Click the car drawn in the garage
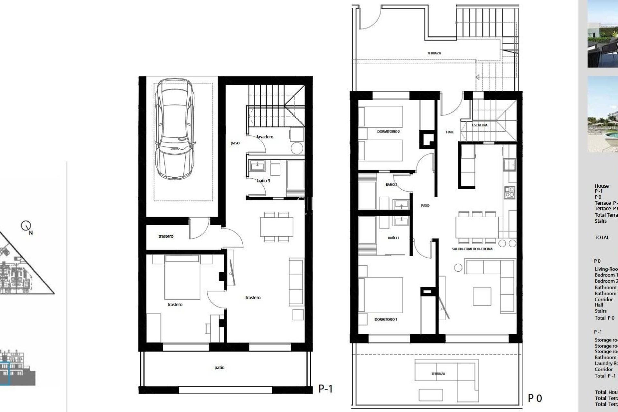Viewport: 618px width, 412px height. click(x=175, y=129)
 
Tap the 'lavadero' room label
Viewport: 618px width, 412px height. click(x=265, y=137)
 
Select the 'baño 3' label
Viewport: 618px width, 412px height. click(x=263, y=181)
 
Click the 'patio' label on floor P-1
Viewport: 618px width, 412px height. click(x=219, y=367)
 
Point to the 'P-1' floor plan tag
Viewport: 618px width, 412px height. click(x=325, y=389)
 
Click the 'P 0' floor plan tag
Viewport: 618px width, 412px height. click(x=535, y=398)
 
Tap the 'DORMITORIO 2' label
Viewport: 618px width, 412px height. click(x=388, y=132)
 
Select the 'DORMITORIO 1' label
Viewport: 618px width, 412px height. click(x=386, y=319)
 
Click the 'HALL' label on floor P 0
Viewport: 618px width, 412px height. click(x=450, y=132)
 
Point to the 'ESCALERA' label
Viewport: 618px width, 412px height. click(x=480, y=125)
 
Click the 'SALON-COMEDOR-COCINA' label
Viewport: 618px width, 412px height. click(x=472, y=249)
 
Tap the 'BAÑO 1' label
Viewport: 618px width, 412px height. click(x=393, y=238)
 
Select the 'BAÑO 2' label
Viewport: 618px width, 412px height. click(x=391, y=184)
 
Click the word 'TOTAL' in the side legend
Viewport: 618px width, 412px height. click(x=602, y=238)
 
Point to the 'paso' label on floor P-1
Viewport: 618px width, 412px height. click(x=235, y=143)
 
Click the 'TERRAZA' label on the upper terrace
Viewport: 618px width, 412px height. click(x=434, y=53)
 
